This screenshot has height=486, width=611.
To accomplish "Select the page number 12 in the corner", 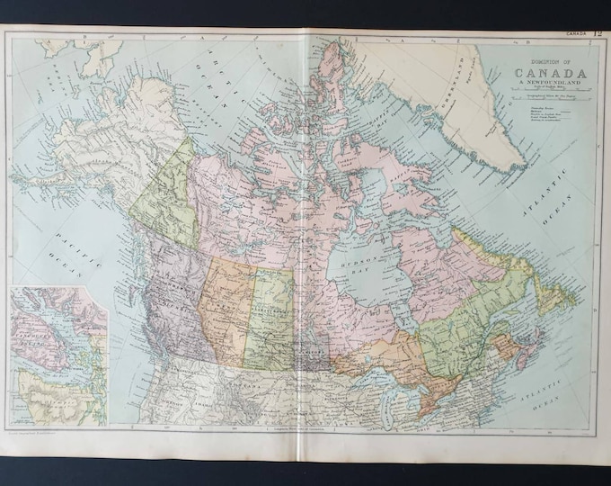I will click(598, 33).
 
